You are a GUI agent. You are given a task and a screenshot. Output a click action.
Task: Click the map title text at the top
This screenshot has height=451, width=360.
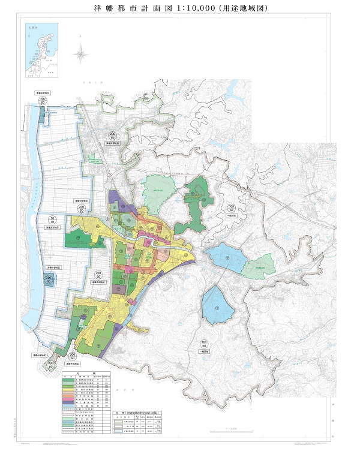click(x=180, y=10)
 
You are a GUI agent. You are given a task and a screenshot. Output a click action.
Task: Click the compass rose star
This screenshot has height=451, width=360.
click(x=80, y=55)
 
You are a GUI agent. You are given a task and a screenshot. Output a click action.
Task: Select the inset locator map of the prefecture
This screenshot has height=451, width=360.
click(x=41, y=52)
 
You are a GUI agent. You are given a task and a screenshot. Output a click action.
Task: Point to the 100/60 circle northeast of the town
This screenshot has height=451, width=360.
click(x=232, y=209)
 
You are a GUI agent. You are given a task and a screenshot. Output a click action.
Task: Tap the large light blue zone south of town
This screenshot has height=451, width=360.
click(x=217, y=304)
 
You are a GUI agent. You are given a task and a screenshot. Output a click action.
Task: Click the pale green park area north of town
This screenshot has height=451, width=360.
click(x=158, y=191)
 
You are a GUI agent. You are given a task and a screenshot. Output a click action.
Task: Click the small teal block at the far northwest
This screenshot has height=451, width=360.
click(x=41, y=116)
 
